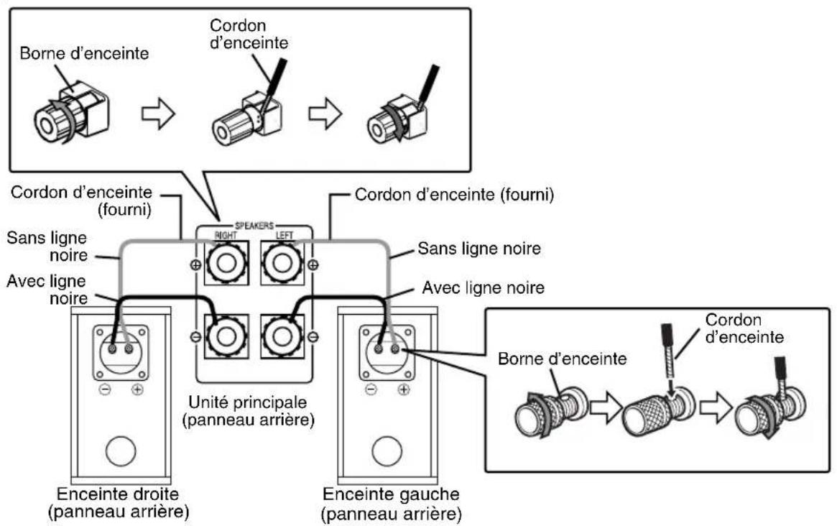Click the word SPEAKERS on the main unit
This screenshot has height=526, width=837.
[x=254, y=226]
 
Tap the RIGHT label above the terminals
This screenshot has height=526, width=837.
[x=226, y=235]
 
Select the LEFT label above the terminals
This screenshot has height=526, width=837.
[x=285, y=235]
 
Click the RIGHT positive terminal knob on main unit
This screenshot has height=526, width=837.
[x=226, y=263]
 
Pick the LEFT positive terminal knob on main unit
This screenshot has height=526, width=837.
[x=282, y=263]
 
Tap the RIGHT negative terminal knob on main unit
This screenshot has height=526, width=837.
[x=226, y=336]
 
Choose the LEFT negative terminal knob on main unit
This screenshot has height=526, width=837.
[x=282, y=336]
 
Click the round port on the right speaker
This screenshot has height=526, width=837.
[x=121, y=452]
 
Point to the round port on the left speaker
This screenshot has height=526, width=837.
[x=387, y=452]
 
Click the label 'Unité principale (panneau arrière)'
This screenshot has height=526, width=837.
[x=248, y=410]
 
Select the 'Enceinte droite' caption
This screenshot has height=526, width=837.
[x=118, y=494]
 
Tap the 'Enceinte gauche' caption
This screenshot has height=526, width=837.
[x=391, y=494]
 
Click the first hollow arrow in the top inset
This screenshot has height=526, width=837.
[x=159, y=114]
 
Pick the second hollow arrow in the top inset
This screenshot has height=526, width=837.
[x=325, y=114]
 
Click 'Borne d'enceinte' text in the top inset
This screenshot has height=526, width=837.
[x=84, y=53]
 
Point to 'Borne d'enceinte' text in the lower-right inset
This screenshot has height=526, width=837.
[x=562, y=359]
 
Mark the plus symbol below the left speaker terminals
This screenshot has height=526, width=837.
[x=404, y=389]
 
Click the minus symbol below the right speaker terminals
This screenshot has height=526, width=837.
[x=105, y=389]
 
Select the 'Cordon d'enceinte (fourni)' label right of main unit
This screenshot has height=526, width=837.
[x=454, y=195]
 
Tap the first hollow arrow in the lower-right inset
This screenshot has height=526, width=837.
[x=606, y=409]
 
